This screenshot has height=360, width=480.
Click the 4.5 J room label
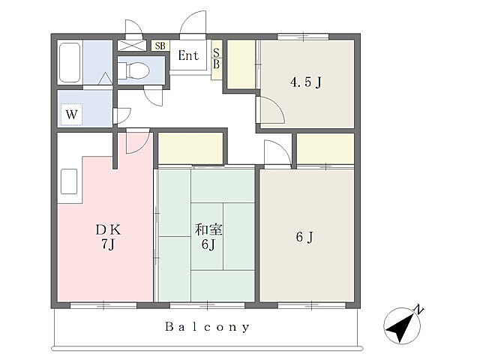click(x=306, y=82)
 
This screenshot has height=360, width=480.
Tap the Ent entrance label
click(x=188, y=55)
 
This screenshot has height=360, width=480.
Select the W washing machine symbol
click(x=72, y=115)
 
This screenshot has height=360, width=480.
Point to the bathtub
click(x=70, y=62)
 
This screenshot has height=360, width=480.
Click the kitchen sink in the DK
click(x=69, y=181)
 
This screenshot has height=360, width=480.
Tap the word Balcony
click(x=208, y=327)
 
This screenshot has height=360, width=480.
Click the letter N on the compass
click(x=418, y=310)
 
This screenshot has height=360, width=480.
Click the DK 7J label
click(x=108, y=237)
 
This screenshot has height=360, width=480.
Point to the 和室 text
click(x=208, y=229)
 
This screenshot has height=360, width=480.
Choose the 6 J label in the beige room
click(x=304, y=237)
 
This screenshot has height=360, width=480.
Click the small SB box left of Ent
click(x=160, y=46)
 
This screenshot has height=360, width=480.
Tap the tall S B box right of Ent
click(x=217, y=60)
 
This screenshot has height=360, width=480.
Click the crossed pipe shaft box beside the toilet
click(x=130, y=45)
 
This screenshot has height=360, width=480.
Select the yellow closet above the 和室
click(x=190, y=148)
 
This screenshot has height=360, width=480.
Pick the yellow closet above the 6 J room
click(x=325, y=148)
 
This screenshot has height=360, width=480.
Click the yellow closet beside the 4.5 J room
click(x=241, y=64)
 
